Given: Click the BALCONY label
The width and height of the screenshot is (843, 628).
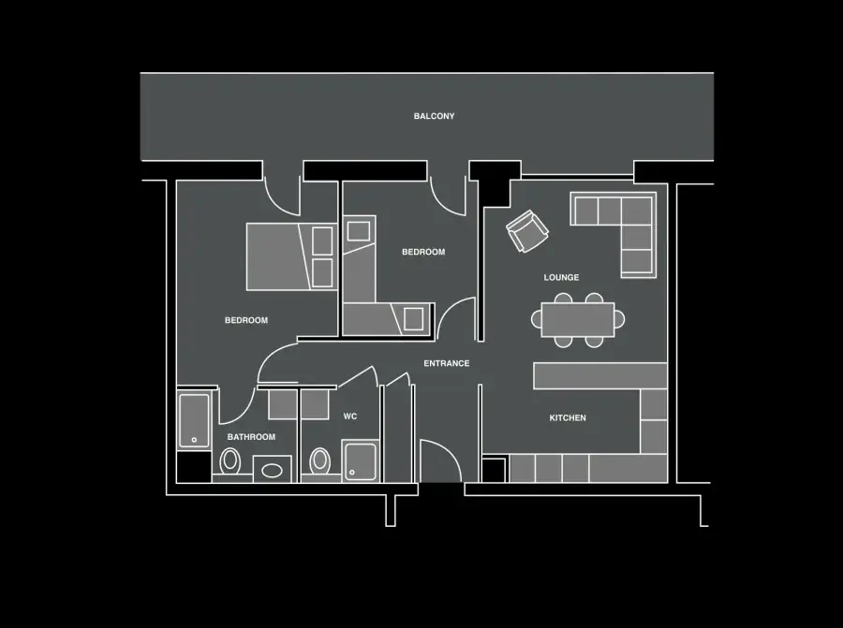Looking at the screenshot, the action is [x=434, y=116].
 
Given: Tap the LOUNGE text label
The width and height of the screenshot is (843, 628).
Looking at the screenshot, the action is [x=561, y=278].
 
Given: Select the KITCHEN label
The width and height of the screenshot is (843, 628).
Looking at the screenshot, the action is [x=568, y=418].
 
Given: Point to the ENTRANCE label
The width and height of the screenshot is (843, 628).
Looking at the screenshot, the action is [x=446, y=364].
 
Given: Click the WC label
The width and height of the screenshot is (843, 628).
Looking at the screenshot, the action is [x=350, y=416].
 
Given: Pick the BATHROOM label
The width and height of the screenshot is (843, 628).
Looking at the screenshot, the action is [x=251, y=437].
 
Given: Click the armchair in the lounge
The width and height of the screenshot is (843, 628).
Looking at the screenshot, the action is [x=526, y=231].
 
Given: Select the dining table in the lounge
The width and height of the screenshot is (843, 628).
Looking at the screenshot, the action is [x=577, y=320].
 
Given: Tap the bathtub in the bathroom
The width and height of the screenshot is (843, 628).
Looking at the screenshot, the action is [x=194, y=420].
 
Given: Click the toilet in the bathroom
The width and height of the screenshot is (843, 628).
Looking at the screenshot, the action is [x=230, y=461].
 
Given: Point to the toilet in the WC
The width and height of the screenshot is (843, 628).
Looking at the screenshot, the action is [x=320, y=461].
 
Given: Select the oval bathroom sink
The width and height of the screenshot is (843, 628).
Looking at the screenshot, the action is [x=272, y=471].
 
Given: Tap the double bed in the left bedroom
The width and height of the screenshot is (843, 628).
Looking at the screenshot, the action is [x=291, y=256].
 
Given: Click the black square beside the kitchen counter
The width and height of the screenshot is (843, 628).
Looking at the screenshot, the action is [x=494, y=470].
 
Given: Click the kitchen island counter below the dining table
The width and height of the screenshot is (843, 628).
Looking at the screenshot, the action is [x=600, y=375].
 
